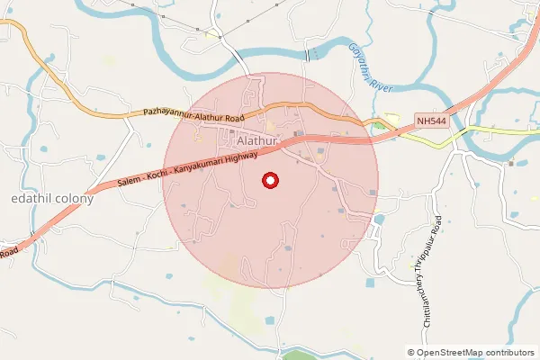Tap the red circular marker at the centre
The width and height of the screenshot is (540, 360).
click(271, 181)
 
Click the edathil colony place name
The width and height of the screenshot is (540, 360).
click(51, 198)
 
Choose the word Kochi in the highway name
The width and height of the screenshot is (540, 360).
click(159, 175)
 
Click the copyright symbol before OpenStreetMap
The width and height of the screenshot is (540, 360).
click(411, 353)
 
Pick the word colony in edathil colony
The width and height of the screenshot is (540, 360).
click(74, 198)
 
